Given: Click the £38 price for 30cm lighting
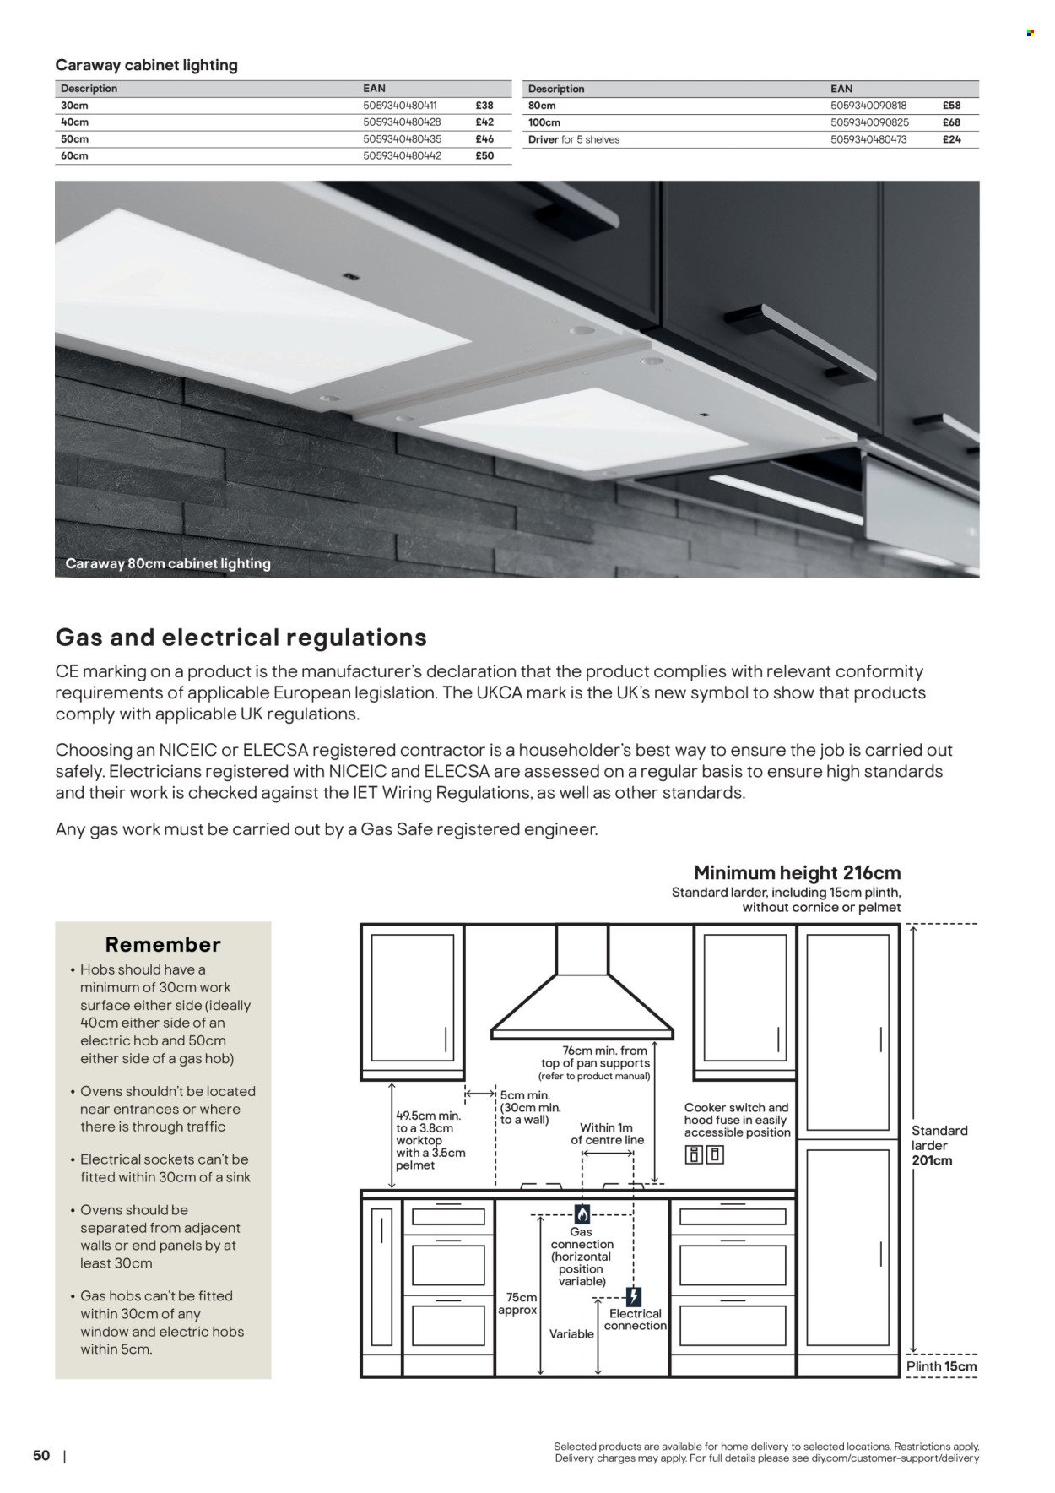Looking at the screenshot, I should [x=484, y=106].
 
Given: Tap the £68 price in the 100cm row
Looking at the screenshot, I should [x=952, y=122].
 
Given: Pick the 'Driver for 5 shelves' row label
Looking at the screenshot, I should [x=573, y=139].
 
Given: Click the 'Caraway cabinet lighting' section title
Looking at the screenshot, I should [x=146, y=65].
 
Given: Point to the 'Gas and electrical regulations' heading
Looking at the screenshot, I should [x=241, y=637].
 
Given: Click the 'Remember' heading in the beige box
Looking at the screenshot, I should [x=163, y=944].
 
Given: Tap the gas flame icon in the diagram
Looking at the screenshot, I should [x=582, y=1213].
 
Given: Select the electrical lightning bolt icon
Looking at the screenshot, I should [x=635, y=1296].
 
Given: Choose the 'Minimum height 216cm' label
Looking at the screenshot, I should [x=797, y=872].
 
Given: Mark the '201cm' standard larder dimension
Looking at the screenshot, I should [x=932, y=1160].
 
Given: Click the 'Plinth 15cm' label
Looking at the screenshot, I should [x=941, y=1366].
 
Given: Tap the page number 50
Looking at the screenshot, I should [x=41, y=1455].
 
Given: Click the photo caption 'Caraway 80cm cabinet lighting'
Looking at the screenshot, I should [x=168, y=563].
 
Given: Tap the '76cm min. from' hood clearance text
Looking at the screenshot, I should [x=606, y=1051].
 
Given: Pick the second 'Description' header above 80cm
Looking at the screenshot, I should [x=555, y=89].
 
